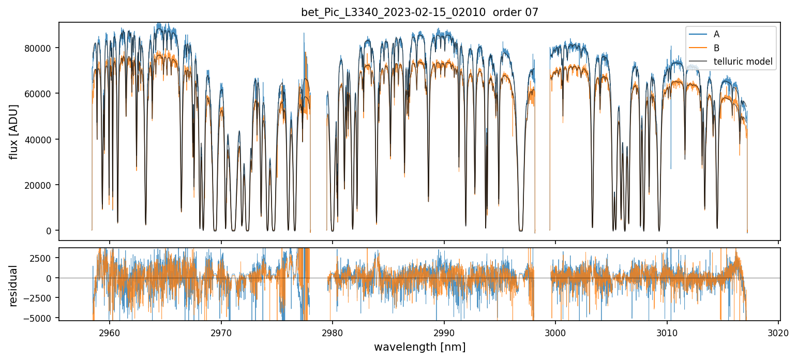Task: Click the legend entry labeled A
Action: (716, 34)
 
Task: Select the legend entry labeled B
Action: (716, 48)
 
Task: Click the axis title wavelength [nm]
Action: (419, 347)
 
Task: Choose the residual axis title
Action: (14, 286)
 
